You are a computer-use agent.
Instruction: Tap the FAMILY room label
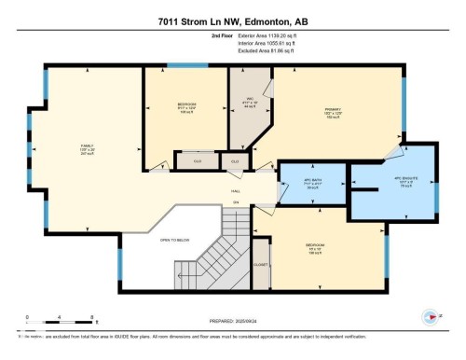[86, 146]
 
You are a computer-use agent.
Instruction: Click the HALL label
[236, 192]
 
